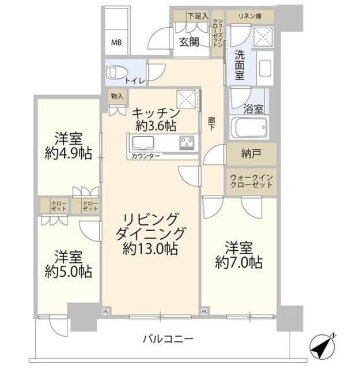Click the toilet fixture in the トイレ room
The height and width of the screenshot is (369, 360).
(116, 71)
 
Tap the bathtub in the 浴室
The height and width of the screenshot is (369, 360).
(249, 127)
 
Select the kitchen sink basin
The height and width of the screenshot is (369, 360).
(143, 143)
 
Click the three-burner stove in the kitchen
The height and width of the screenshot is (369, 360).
(187, 142)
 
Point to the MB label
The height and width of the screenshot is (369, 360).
(116, 43)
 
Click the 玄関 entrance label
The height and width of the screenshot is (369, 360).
(189, 42)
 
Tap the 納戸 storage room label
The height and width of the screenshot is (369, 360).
(251, 154)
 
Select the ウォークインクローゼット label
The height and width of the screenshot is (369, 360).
(251, 181)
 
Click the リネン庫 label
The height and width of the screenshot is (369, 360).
(250, 17)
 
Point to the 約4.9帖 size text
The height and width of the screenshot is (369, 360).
(68, 153)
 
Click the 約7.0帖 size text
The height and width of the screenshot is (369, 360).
(238, 262)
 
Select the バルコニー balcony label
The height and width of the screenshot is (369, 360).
(168, 339)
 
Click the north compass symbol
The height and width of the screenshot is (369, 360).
(323, 345)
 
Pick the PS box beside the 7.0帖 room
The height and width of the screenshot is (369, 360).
(204, 312)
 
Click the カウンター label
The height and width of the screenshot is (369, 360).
(146, 156)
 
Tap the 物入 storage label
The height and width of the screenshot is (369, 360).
(117, 96)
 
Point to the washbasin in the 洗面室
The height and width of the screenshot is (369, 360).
(265, 68)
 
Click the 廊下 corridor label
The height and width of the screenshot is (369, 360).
(211, 124)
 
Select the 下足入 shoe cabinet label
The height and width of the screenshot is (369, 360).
(198, 16)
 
